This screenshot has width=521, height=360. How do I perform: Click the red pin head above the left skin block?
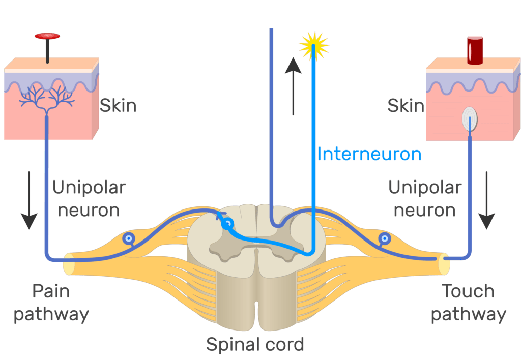pyautogui.click(x=47, y=36)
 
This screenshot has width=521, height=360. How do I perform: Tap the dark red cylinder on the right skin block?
pyautogui.click(x=475, y=50)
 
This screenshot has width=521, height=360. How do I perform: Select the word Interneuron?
pyautogui.click(x=369, y=154)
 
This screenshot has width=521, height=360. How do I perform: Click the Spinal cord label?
pyautogui.click(x=255, y=344)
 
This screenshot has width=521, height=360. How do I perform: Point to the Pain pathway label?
pyautogui.click(x=51, y=303)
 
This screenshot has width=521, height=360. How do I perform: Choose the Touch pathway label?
pyautogui.click(x=468, y=303)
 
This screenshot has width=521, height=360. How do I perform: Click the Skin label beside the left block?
pyautogui.click(x=118, y=106)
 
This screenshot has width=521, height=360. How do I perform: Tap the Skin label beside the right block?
pyautogui.click(x=406, y=106)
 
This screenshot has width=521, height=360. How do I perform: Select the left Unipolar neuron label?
pyautogui.click(x=89, y=198)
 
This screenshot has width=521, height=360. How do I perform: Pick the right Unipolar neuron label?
pyautogui.click(x=425, y=198)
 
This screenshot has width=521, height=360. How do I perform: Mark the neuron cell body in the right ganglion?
pyautogui.click(x=385, y=237)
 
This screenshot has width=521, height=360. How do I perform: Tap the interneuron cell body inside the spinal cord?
pyautogui.click(x=228, y=223)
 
